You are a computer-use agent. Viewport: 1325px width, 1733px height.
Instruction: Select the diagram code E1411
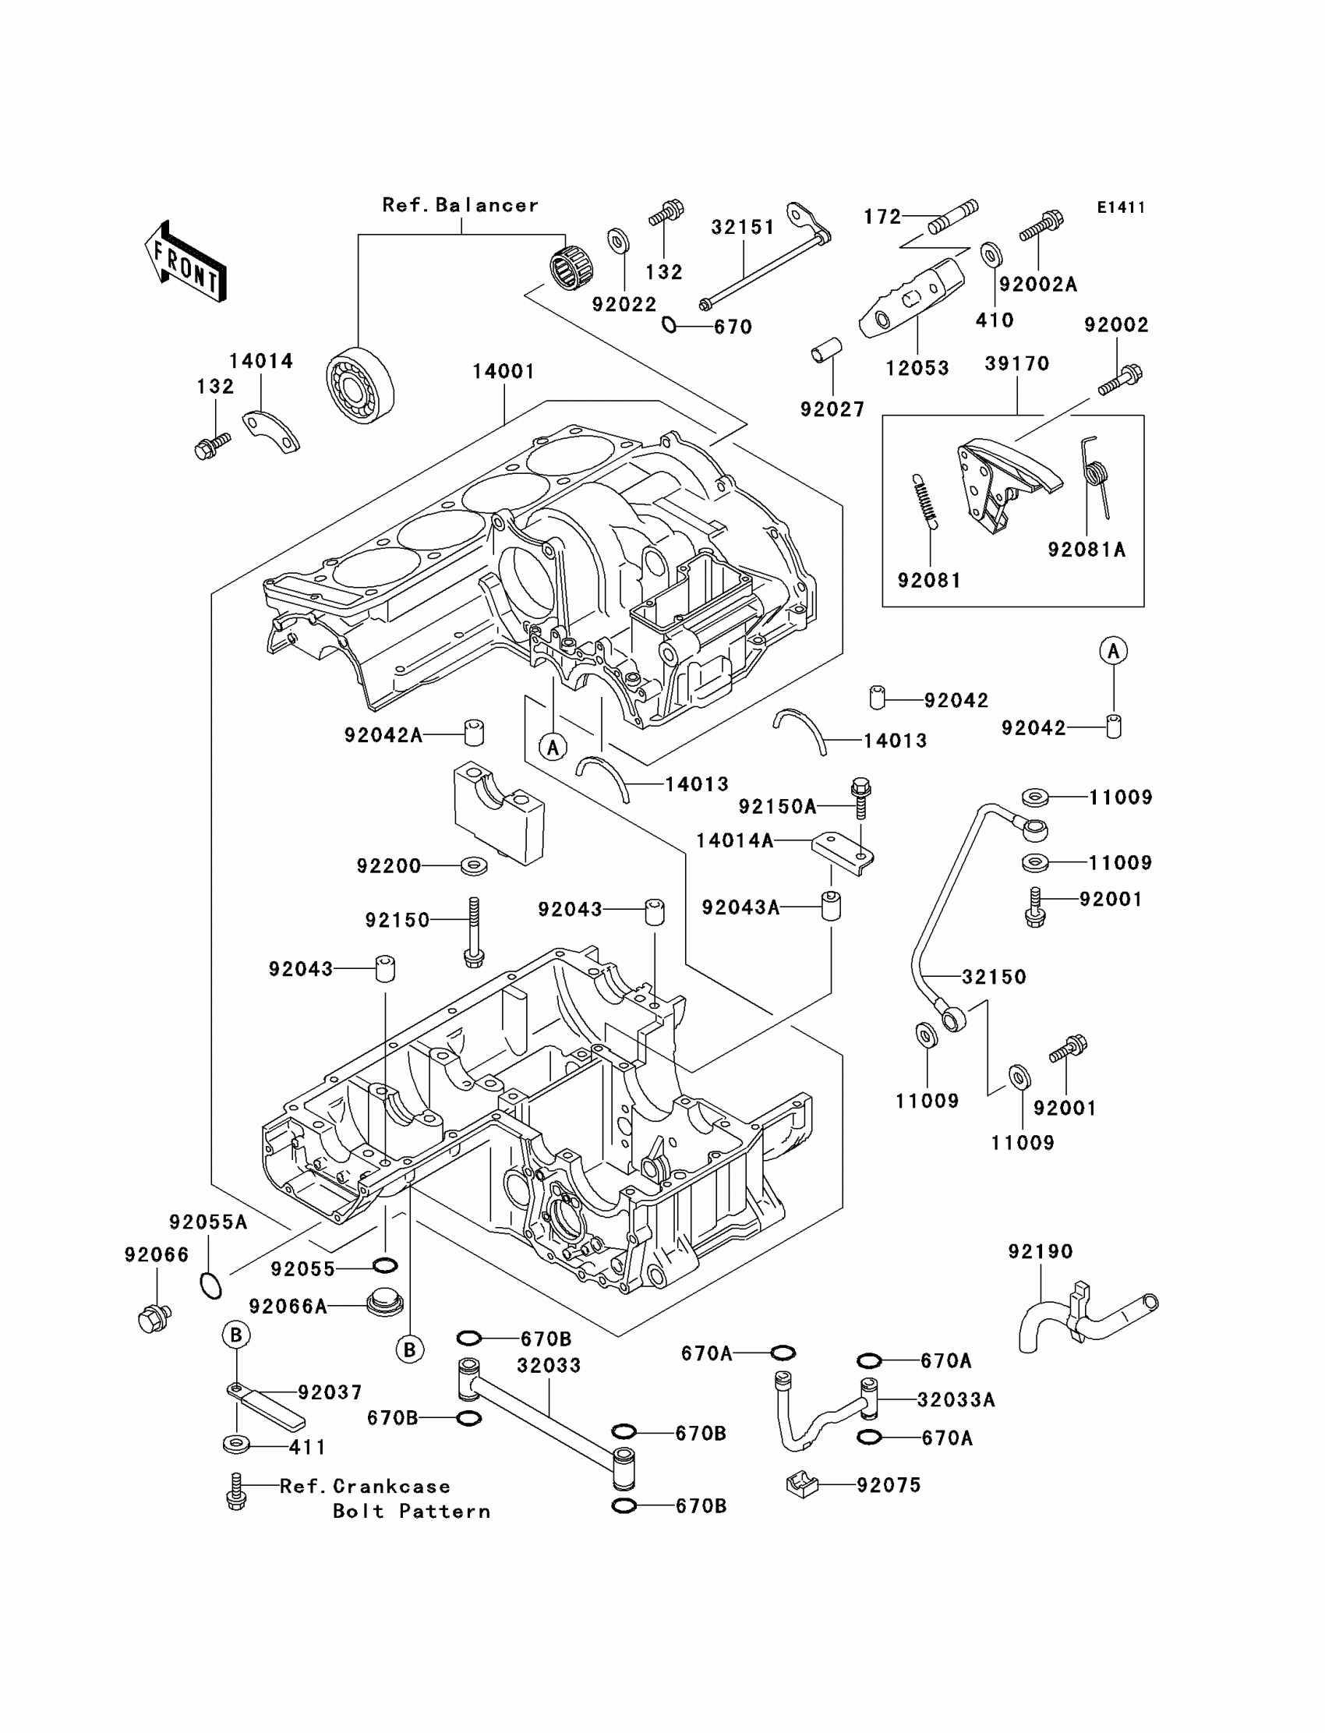pos(1120,207)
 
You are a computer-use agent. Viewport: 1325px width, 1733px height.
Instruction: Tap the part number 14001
pos(503,371)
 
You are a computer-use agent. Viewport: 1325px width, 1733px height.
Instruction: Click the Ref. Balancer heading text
pos(460,205)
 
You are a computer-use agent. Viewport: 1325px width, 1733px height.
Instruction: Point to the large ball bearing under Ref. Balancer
pos(359,385)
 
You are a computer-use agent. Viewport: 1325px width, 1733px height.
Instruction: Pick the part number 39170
pos(1016,363)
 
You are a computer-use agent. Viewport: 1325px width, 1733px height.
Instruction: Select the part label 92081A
pos(1086,550)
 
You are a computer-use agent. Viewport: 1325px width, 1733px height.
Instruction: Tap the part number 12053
pos(917,368)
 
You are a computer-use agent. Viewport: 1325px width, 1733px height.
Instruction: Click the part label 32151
pos(743,227)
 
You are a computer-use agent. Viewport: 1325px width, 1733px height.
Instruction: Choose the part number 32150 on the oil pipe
pos(994,977)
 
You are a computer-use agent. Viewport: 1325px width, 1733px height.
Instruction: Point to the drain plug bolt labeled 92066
pos(154,1318)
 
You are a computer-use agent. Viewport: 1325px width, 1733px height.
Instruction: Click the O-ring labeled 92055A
pos(210,1285)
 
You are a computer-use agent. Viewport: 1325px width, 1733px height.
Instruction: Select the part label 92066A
pos(288,1307)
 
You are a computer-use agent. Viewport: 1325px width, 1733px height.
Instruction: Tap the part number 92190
pos(1040,1251)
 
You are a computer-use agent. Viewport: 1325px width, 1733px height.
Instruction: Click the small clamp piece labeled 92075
pos(801,1484)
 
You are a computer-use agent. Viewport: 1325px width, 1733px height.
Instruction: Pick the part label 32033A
pos(956,1399)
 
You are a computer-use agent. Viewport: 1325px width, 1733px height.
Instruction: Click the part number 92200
pos(389,866)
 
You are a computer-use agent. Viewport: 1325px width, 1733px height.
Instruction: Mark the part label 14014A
pos(734,841)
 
